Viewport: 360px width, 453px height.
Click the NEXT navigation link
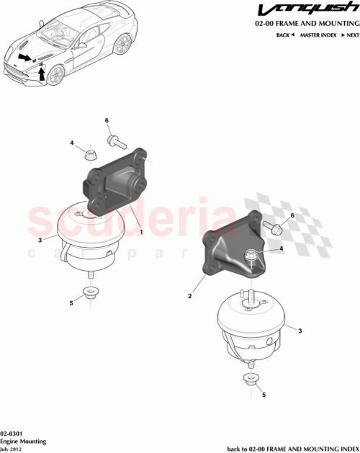point(348,35)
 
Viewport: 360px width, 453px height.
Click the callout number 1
point(141,232)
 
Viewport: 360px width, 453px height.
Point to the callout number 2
point(189,296)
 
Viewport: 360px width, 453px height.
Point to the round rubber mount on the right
point(252,324)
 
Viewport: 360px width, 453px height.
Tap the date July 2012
point(15,447)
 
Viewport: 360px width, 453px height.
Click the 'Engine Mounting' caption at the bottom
point(24,438)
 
